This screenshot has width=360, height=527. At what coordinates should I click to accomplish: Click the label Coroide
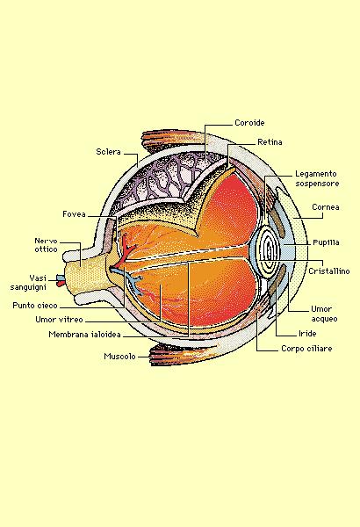(249, 123)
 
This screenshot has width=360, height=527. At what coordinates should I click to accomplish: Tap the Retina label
(270, 142)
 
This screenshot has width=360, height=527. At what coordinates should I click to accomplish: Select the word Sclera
(108, 152)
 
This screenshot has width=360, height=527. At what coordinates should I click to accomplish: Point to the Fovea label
(74, 214)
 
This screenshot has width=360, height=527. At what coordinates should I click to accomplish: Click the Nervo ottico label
(46, 245)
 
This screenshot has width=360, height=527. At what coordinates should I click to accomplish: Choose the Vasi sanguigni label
(28, 283)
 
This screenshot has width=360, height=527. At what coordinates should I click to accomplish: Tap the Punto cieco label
(35, 306)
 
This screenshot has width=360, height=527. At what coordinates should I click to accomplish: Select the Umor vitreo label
(59, 320)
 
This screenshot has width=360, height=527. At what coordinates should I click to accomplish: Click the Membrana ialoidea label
(84, 335)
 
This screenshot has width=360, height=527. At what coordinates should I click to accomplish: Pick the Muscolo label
(119, 357)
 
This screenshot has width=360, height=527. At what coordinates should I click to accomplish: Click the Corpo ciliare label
(306, 349)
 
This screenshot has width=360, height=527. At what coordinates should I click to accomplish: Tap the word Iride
(307, 334)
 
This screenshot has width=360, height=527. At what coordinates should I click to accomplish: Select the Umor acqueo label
(324, 314)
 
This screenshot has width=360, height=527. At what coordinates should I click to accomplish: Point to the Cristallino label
(329, 271)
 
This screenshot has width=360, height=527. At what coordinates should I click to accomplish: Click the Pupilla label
(326, 242)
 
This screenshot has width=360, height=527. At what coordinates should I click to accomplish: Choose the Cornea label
(326, 207)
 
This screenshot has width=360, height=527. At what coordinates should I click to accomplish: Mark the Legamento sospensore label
(317, 178)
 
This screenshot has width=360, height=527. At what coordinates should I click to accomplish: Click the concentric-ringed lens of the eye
(265, 251)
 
